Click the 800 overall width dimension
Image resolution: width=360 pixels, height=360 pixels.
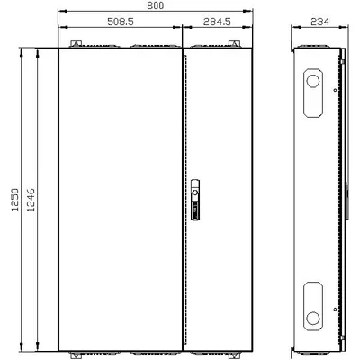click(156, 5)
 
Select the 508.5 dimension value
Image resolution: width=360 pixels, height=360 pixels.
click(121, 22)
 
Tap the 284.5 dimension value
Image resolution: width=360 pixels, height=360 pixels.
click(217, 22)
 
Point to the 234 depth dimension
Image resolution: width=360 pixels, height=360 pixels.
click(319, 22)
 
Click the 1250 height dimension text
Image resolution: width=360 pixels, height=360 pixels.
click(15, 200)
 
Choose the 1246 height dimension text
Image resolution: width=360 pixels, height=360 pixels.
click(31, 200)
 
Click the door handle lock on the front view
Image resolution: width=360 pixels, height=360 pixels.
click(195, 200)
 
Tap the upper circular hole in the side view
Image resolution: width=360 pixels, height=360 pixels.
click(313, 81)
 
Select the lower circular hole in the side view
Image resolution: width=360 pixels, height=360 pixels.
click(313, 318)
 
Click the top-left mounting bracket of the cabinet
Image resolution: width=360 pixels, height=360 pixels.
click(76, 44)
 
